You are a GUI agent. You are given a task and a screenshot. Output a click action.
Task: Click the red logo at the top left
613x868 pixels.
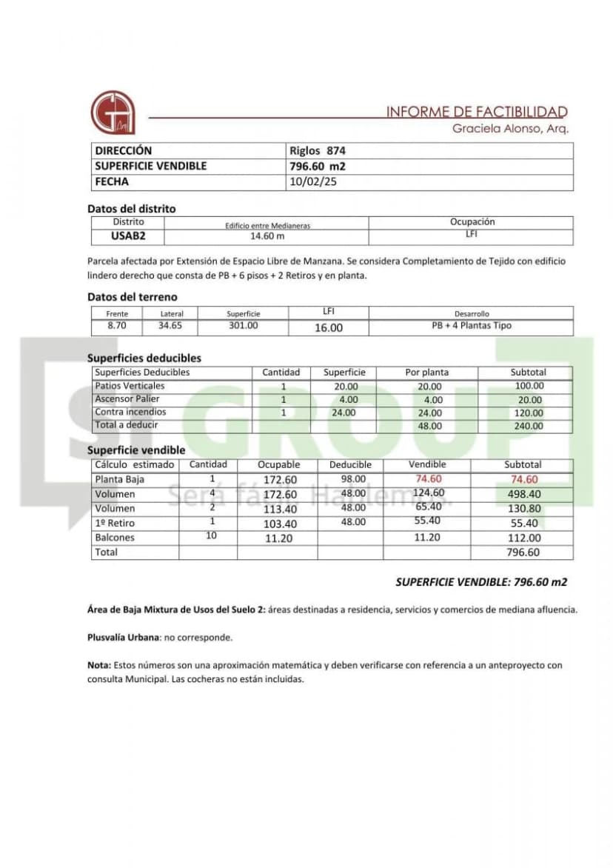113,112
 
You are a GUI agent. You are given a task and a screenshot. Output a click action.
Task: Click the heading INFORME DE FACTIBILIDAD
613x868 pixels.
476,112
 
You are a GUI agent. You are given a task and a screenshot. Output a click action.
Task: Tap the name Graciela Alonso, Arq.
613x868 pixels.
510,129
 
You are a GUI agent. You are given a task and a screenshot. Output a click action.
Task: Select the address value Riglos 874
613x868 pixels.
317,150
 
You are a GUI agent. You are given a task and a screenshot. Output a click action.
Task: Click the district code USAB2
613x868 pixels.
128,237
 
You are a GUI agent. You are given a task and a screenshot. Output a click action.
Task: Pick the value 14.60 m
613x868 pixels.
267,237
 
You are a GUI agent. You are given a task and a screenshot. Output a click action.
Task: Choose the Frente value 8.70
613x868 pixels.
117,326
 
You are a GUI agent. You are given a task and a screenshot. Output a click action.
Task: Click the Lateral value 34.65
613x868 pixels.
172,326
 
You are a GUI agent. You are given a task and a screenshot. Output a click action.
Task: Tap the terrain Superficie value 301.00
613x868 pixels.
243,326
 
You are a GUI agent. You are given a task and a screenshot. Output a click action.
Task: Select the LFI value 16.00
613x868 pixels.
329,327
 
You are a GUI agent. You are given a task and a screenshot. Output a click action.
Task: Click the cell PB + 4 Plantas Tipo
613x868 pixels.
472,326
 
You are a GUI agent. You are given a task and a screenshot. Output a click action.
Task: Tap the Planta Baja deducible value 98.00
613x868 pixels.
353,479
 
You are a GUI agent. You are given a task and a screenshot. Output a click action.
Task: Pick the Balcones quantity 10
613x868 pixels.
211,535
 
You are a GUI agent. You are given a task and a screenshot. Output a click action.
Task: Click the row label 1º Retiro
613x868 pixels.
110,523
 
